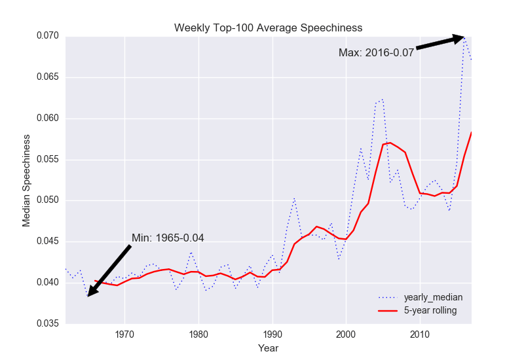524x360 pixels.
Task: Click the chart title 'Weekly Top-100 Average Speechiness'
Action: (268, 27)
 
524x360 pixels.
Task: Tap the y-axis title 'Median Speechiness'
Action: (27, 180)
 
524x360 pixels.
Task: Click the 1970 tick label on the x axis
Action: (124, 334)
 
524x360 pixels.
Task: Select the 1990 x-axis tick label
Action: (272, 334)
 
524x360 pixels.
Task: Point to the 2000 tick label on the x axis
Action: (346, 334)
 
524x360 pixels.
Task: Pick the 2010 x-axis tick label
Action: (419, 334)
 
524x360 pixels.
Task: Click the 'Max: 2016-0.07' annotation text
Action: (376, 52)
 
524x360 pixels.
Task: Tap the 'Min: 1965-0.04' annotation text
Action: (168, 238)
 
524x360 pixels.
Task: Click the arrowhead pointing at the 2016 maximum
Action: (458, 39)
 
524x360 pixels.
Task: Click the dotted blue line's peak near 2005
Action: (382, 99)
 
